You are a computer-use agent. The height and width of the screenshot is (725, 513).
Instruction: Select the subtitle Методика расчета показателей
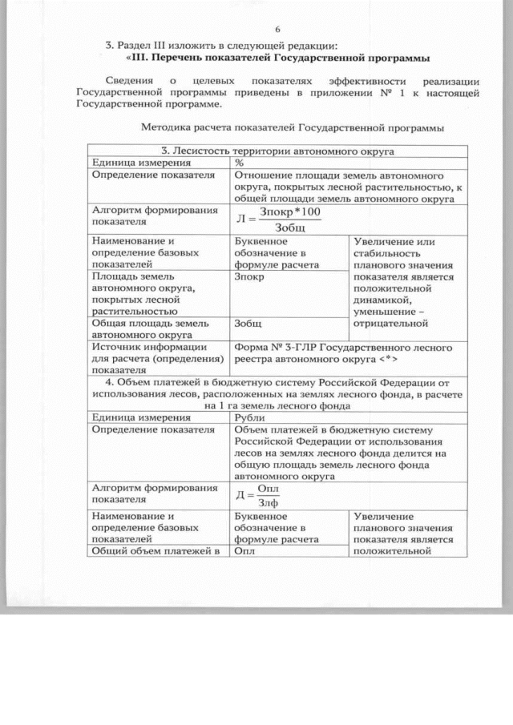point(292,127)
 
